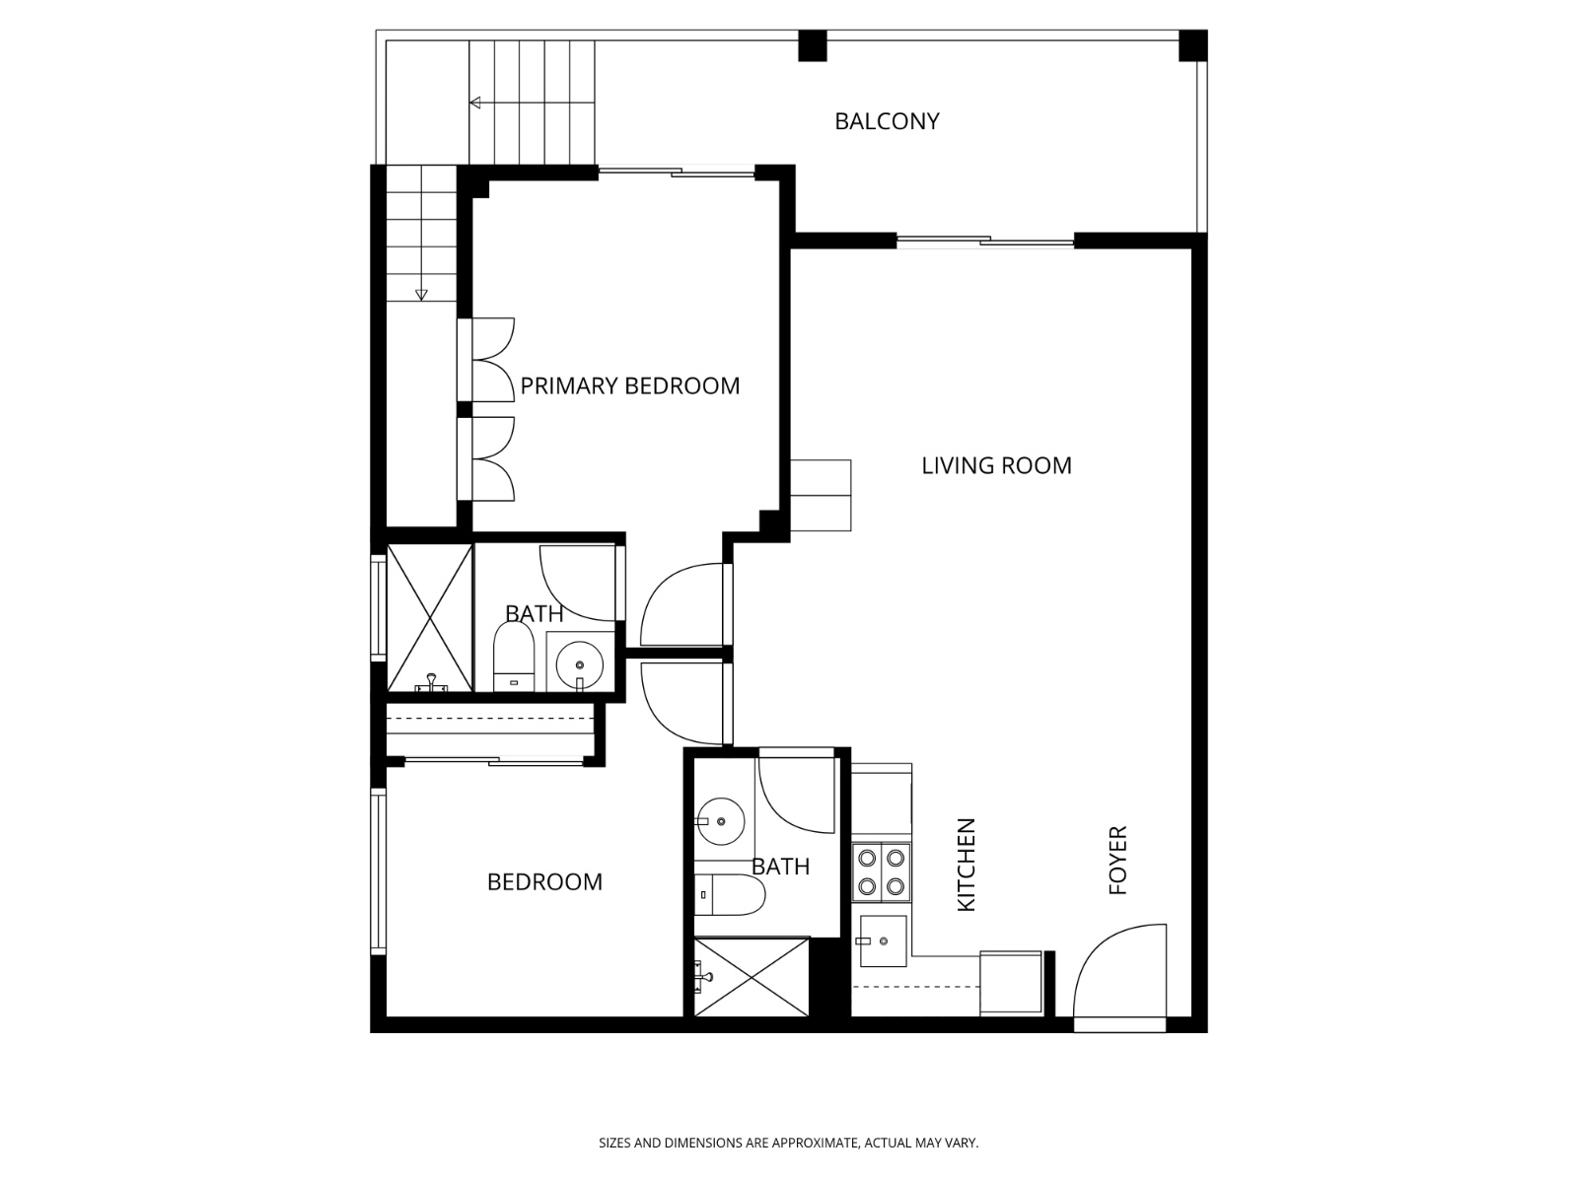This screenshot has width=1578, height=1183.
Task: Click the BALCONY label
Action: coord(887,121)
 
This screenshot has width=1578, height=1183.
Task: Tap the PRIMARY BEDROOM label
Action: coord(629,385)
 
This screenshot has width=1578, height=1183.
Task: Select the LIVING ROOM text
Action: coord(996,465)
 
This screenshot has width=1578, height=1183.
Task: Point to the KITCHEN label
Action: coord(967,865)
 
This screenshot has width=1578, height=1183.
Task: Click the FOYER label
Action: coord(1117,861)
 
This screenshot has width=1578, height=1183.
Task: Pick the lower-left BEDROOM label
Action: coord(544,881)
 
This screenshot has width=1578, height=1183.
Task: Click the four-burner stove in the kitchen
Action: coord(880,871)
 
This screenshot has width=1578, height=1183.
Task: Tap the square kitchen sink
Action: coord(882,940)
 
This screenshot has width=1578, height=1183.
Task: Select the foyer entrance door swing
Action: coord(1119,971)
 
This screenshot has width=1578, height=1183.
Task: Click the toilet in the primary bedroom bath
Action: coord(513,659)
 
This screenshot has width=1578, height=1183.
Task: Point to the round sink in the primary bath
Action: coord(579,663)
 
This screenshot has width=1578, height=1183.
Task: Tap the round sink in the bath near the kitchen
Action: coord(719,821)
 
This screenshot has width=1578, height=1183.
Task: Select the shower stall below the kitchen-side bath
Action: coord(752,977)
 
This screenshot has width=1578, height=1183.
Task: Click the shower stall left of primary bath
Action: coord(429,617)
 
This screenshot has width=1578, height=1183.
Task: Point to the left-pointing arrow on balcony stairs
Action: coord(474,103)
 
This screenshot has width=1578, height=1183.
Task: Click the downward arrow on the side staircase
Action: coord(421,294)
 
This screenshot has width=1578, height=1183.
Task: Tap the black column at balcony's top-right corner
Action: coord(1192,45)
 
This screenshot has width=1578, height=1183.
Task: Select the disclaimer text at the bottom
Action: coord(788,1144)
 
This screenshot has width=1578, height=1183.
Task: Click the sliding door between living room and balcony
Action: coord(984,241)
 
